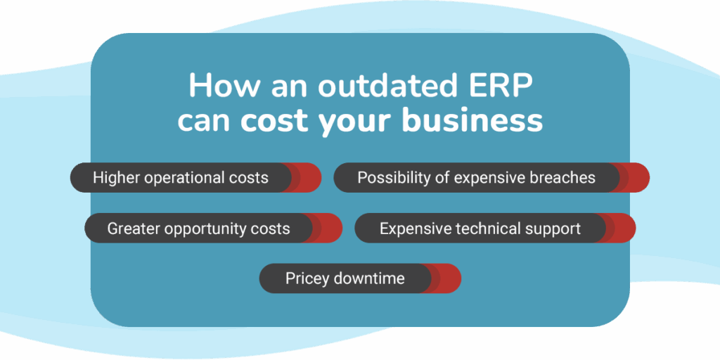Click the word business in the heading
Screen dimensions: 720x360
coord(472,121)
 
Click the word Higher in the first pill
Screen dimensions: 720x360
coord(117,178)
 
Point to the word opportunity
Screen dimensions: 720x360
coord(207,229)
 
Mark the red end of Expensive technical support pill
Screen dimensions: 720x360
coord(621,228)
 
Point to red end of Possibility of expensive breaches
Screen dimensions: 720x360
coord(635,177)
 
